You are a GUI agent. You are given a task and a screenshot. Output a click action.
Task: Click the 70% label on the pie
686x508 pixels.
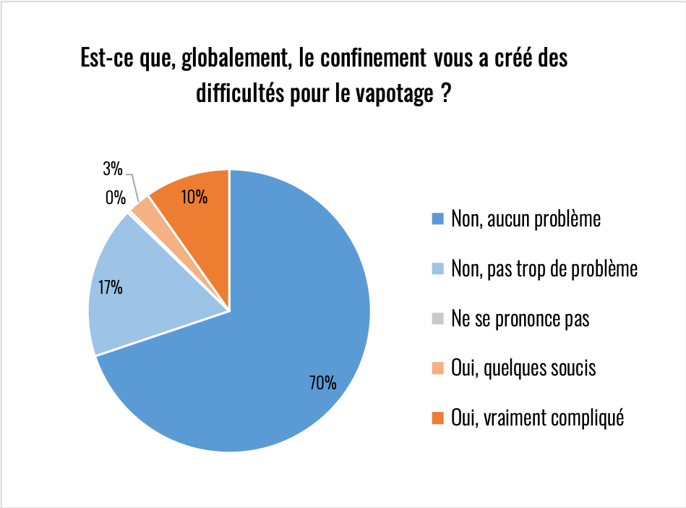[323, 383]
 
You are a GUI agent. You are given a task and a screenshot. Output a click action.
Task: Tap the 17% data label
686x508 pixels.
[111, 288]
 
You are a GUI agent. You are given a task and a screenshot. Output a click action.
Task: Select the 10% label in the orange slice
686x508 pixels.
[194, 196]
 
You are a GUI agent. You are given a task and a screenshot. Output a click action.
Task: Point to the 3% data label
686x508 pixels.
[112, 170]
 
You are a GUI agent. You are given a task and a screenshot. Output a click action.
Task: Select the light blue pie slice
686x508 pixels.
[137, 289]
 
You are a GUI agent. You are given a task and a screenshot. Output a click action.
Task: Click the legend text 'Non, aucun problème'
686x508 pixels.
[526, 219]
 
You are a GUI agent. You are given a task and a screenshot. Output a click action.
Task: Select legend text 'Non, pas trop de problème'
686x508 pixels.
[544, 268]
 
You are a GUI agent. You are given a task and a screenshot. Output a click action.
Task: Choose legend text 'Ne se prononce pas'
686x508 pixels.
[520, 318]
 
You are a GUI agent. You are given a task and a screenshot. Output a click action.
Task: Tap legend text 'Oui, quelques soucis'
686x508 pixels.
[523, 368]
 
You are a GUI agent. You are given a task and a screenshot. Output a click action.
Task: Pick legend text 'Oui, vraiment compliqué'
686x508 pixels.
[536, 418]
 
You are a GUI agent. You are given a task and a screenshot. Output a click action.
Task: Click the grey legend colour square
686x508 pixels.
[436, 318]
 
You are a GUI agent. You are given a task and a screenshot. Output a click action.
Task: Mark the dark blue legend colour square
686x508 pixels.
[436, 219]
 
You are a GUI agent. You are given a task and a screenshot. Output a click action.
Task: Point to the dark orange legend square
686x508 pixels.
[436, 418]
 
